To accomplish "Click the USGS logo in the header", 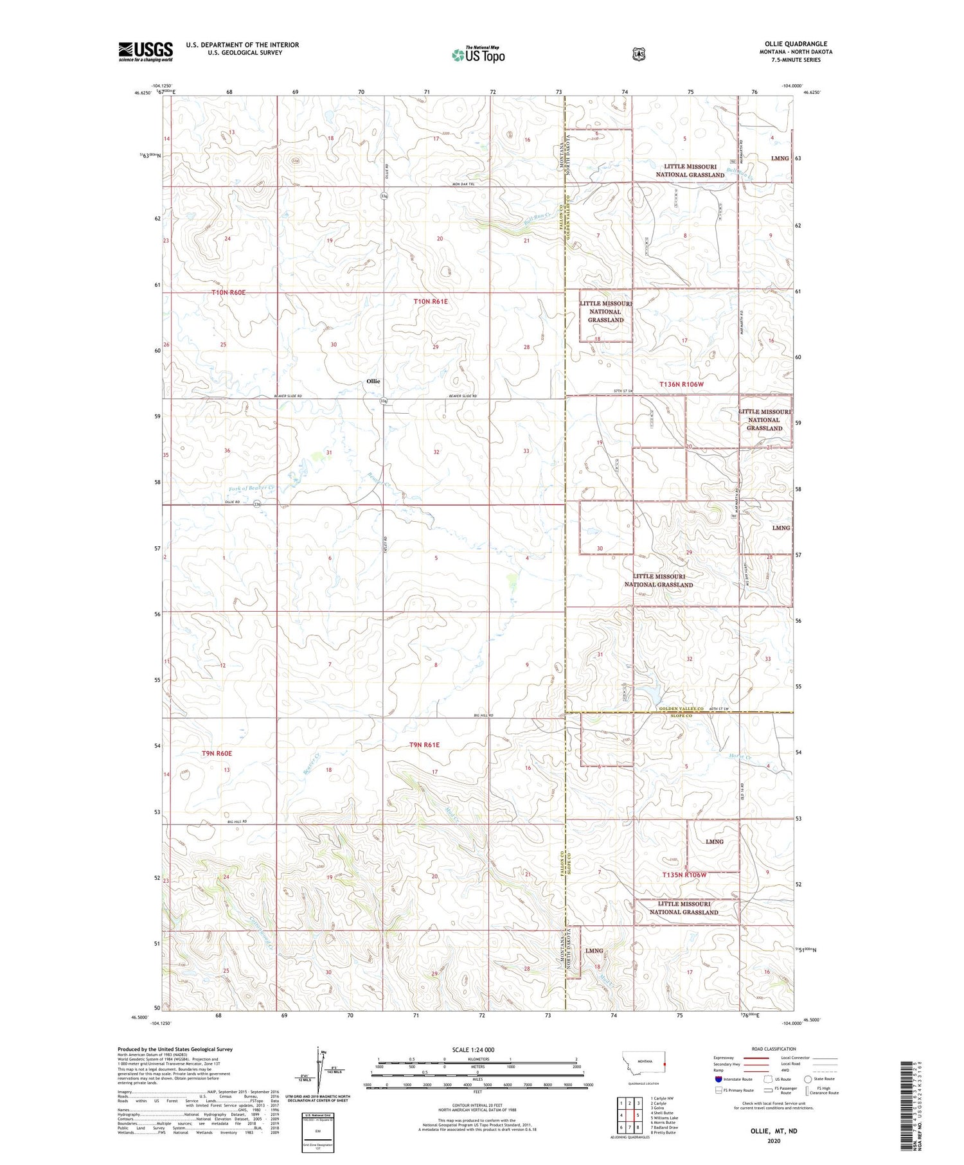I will pos(145,51).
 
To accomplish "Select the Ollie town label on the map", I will pos(373,381).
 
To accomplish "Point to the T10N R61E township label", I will pos(431,301).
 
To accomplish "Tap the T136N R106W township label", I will pos(690,384).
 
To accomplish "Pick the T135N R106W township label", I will pos(684,875).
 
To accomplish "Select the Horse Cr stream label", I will pos(740,756).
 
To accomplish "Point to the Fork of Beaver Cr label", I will pos(251,488).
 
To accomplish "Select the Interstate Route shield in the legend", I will pos(719,1079).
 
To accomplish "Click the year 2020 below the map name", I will pos(773,1141).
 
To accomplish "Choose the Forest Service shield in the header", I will pos(638,54).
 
